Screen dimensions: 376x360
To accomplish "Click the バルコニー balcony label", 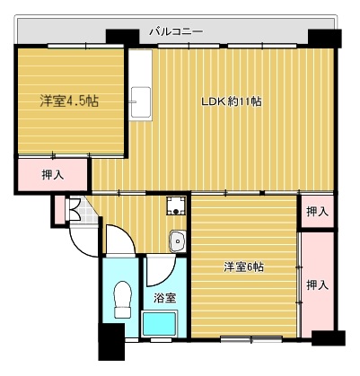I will tap(176, 31).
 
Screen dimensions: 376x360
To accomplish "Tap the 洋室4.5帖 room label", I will tap(68, 101).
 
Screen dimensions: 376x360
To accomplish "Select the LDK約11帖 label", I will tap(231, 101).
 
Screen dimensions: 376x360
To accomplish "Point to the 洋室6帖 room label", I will tap(243, 267).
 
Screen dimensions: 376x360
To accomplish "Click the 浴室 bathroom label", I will tap(163, 297).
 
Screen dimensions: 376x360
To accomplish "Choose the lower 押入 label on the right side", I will tap(316, 284).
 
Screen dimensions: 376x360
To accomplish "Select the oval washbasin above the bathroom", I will tap(178, 240).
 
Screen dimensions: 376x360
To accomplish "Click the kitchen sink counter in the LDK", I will tap(140, 101).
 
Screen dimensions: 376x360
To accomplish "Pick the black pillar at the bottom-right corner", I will tap(327, 339).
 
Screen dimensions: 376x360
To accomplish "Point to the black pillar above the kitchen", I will tap(118, 37).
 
